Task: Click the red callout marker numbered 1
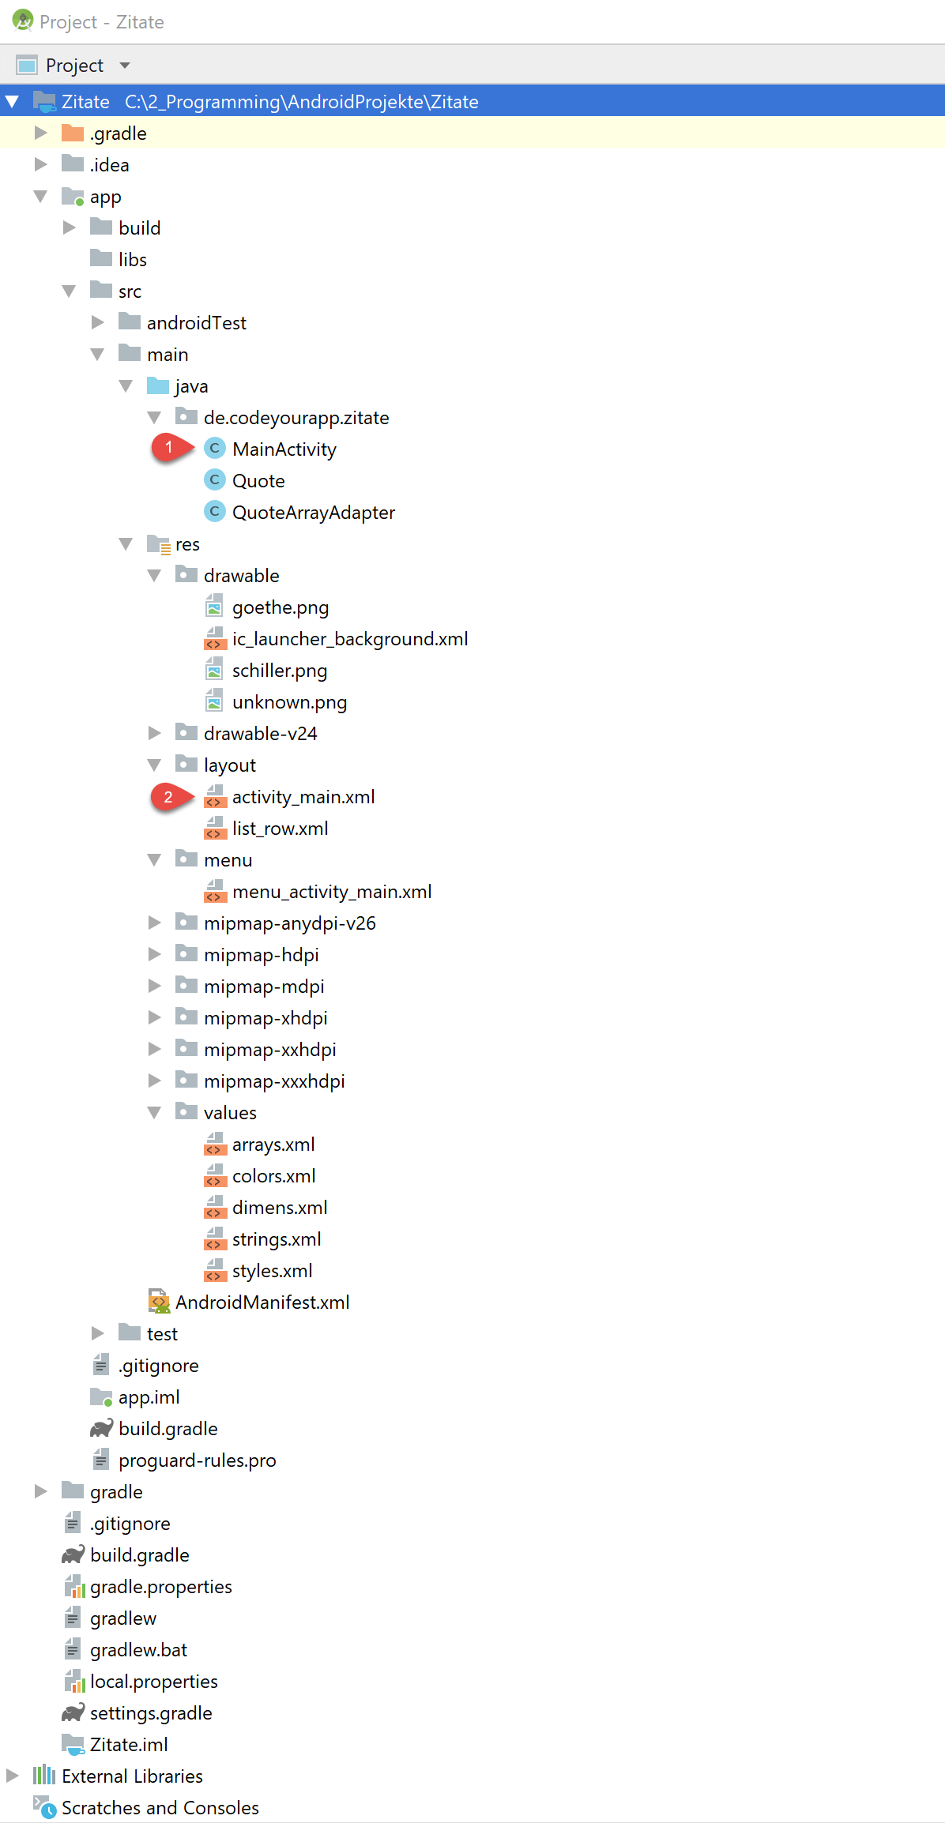[171, 448]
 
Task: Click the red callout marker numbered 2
[171, 797]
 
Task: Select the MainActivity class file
[284, 449]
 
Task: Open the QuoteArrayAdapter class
[314, 513]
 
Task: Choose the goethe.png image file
[280, 607]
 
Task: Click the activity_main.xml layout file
[303, 797]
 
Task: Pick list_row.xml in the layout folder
[280, 829]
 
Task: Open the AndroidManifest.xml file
[262, 1302]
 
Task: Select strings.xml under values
[277, 1239]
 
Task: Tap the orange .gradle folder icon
[73, 133]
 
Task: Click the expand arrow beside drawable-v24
[155, 733]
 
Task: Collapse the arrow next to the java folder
[126, 386]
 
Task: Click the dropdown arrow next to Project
[125, 66]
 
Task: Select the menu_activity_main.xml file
[332, 892]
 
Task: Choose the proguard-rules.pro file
[198, 1460]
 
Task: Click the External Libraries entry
[133, 1776]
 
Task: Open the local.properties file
[154, 1682]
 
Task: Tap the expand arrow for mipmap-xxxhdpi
[155, 1081]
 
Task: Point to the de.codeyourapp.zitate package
[296, 418]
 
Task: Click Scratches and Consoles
[160, 1808]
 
